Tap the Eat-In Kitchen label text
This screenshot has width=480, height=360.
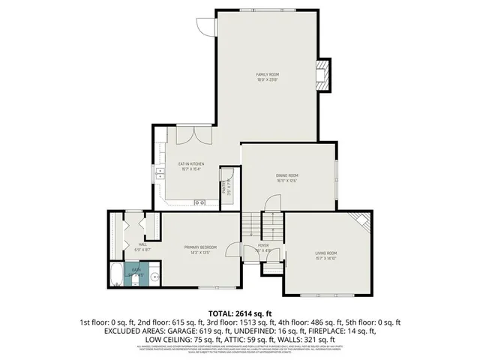(190, 166)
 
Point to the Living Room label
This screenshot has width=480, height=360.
(325, 255)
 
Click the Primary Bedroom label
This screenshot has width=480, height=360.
(200, 249)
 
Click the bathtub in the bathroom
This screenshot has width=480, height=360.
(118, 274)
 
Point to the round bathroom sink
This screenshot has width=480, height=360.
(154, 277)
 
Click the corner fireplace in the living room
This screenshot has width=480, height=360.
(363, 220)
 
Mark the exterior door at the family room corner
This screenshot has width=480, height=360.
(205, 25)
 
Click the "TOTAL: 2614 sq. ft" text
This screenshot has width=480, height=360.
(239, 312)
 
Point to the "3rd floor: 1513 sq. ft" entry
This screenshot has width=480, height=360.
(239, 321)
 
